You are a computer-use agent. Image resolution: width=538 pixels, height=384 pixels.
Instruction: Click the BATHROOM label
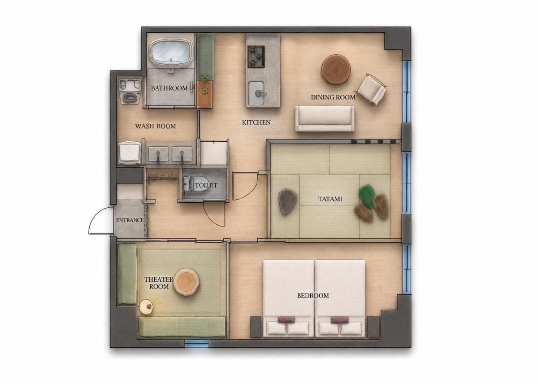tap(169, 88)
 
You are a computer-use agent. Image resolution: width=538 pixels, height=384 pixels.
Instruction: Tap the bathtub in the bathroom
tap(172, 53)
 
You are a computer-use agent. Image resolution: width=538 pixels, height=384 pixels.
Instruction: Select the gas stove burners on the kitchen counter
tap(256, 57)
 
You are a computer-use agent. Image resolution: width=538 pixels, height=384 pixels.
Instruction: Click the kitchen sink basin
tap(256, 93)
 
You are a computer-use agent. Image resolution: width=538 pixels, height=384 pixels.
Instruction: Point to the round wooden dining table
tap(336, 69)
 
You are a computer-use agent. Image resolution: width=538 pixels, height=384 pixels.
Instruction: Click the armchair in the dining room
tap(372, 89)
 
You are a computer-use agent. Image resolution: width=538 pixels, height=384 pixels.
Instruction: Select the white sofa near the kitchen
tap(325, 119)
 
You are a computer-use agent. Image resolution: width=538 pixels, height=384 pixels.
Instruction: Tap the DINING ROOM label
tap(333, 97)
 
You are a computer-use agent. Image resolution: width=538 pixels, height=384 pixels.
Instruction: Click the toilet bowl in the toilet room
tap(195, 184)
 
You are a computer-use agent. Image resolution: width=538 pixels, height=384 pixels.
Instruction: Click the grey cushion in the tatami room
tap(287, 201)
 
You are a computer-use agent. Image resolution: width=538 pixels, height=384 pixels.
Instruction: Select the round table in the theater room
tap(187, 283)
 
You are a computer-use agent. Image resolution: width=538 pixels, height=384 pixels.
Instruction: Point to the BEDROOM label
tap(313, 296)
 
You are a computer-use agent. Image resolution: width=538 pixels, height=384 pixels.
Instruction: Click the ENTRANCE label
tap(130, 220)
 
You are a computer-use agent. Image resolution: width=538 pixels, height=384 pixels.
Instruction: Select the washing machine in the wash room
tap(130, 91)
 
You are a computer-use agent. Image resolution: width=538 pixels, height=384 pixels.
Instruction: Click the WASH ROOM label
tap(156, 126)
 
